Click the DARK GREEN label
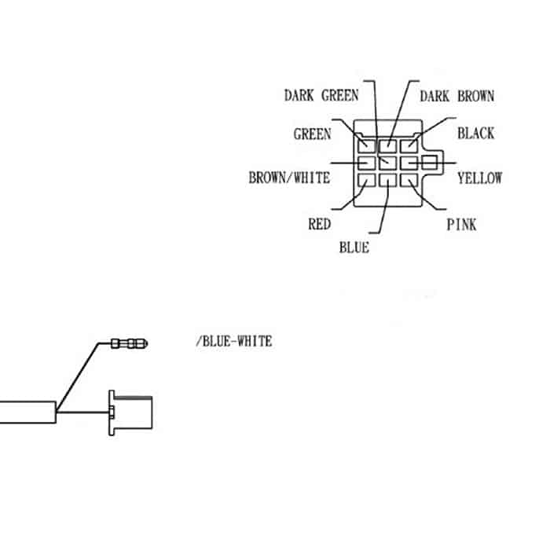(x=321, y=96)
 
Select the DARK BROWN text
(x=456, y=96)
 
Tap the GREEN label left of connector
(x=312, y=134)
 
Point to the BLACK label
(x=476, y=134)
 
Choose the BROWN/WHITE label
(x=289, y=178)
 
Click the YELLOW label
(x=479, y=178)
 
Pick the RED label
(x=319, y=225)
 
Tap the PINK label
(x=461, y=225)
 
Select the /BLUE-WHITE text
(x=233, y=341)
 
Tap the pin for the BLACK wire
(x=409, y=145)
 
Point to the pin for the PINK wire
(x=409, y=181)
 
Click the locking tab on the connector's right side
(x=430, y=163)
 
